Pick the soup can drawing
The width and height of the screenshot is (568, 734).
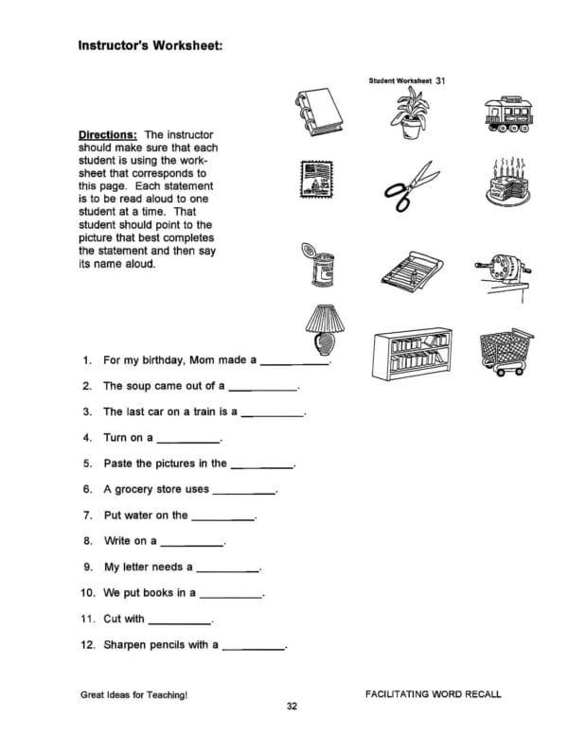pyautogui.click(x=317, y=266)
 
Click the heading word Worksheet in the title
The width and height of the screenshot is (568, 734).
pyautogui.click(x=186, y=44)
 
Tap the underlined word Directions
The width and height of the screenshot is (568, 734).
pyautogui.click(x=108, y=135)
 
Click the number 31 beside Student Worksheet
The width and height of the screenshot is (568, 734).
pyautogui.click(x=440, y=81)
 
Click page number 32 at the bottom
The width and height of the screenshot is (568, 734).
pyautogui.click(x=292, y=707)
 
